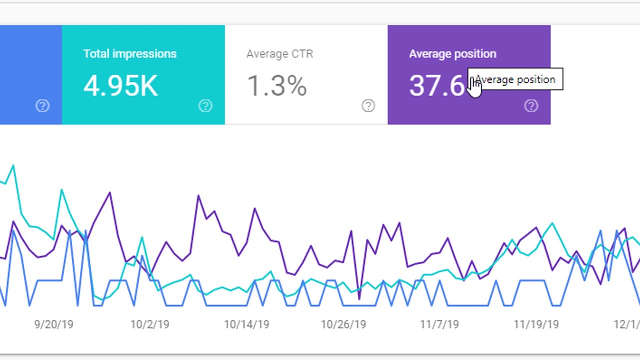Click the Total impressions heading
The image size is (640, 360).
[129, 54]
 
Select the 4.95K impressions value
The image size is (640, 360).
[120, 85]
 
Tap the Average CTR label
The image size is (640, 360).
[279, 54]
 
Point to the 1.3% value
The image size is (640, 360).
[276, 85]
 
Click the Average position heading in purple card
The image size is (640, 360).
[452, 54]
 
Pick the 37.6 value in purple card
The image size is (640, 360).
[436, 85]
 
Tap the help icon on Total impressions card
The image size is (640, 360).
[205, 105]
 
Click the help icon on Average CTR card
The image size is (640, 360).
[368, 105]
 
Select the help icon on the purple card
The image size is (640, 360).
[531, 105]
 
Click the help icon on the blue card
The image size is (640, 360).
[42, 105]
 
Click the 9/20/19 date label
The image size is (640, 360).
[53, 324]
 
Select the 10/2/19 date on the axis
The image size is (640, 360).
[150, 324]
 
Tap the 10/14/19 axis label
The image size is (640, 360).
[246, 324]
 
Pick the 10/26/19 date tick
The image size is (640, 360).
[343, 324]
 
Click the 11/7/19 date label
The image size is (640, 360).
[439, 324]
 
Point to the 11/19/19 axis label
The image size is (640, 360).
[536, 324]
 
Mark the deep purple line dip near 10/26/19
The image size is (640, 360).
[359, 298]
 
